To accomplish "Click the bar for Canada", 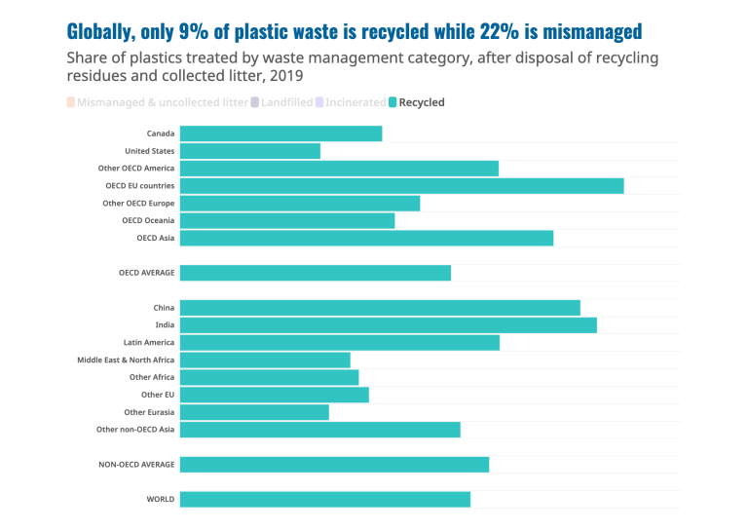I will (x=280, y=133).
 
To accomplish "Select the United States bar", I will (x=249, y=151).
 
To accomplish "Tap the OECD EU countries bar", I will (x=401, y=185).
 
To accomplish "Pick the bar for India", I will (x=388, y=325).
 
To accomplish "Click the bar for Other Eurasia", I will (x=254, y=412).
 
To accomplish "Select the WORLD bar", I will (x=324, y=499).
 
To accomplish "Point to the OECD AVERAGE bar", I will (x=315, y=273).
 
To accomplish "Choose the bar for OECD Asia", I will (x=366, y=238).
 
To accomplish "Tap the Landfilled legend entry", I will (x=286, y=102).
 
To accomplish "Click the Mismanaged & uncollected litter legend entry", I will (x=156, y=102).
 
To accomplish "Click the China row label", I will (x=164, y=308).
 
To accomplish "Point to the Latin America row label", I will (x=149, y=343).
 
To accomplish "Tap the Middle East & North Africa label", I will (x=126, y=360).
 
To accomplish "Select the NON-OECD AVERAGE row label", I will (x=136, y=465).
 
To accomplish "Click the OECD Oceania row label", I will (x=148, y=220).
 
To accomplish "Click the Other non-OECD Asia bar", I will (x=319, y=430).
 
